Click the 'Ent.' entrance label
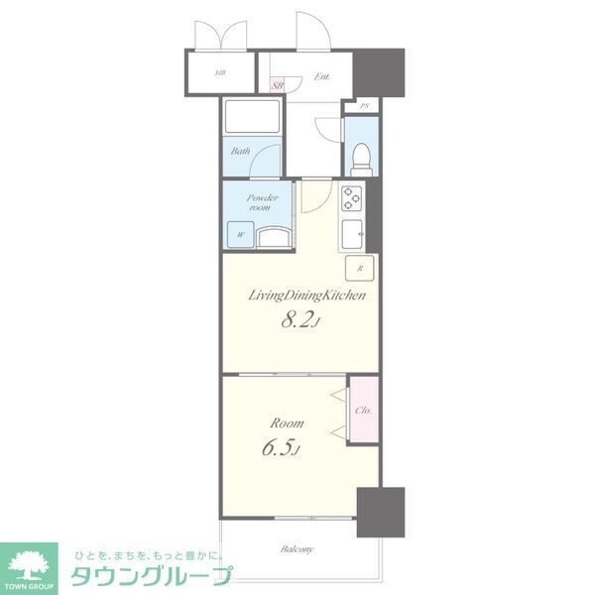pos(321,76)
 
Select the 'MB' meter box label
pos(219,72)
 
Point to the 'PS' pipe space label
pos(364,106)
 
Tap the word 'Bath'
pos(240,152)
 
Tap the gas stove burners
pos(354,198)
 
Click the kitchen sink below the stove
pos(354,234)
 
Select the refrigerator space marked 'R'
pos(360,269)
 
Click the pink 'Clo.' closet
pos(362,409)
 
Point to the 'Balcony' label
pos(297,549)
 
